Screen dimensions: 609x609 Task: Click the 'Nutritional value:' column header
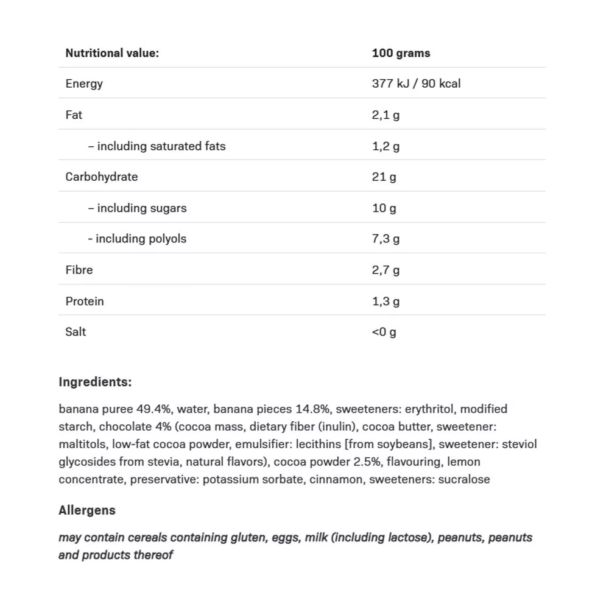[x=112, y=53]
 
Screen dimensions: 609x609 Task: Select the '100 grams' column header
[x=401, y=53]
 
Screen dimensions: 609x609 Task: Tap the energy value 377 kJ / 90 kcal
[x=416, y=83]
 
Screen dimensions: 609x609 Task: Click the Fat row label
[x=74, y=114]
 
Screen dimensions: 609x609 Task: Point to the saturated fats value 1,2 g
[x=385, y=146]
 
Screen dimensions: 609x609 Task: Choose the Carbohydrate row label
[x=102, y=177]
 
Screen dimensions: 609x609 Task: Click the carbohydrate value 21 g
[x=384, y=177]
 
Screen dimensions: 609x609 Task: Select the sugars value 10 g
[x=384, y=208]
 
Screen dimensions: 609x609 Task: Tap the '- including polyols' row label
[x=137, y=239]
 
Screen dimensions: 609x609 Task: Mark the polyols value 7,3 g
[x=385, y=239]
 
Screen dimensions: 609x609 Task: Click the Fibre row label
[x=79, y=270]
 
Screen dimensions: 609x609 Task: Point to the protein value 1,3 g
[x=385, y=301]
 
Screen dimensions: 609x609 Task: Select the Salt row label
[x=76, y=331]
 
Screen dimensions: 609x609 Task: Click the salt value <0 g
[x=384, y=332]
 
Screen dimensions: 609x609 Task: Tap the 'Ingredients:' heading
[x=95, y=382]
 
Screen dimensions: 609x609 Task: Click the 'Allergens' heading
[x=87, y=510]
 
